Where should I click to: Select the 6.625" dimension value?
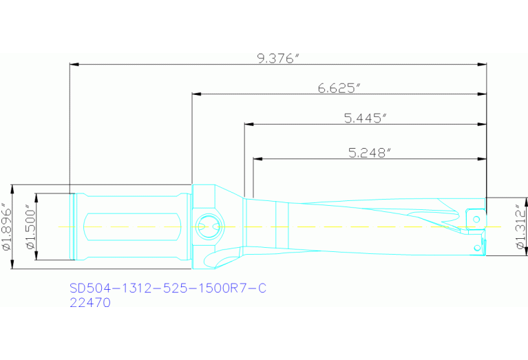(x=339, y=87)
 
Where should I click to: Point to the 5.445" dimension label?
(x=364, y=118)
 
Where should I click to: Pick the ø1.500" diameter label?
(x=29, y=226)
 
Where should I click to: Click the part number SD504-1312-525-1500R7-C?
(x=167, y=288)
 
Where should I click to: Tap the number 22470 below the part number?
(x=90, y=302)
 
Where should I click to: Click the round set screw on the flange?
(x=207, y=225)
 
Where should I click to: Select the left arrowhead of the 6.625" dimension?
(x=196, y=94)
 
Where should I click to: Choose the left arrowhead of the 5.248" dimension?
(x=257, y=159)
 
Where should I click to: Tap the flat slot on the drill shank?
(x=131, y=226)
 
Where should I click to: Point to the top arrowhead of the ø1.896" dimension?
(x=14, y=187)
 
